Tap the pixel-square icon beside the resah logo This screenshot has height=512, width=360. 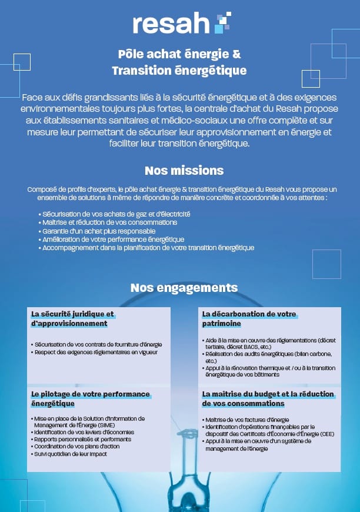click(222, 22)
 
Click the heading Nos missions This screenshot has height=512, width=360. click(184, 171)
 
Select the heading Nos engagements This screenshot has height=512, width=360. click(184, 288)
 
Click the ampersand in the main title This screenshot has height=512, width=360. click(236, 54)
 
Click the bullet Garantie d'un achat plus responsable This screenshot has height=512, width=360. click(99, 231)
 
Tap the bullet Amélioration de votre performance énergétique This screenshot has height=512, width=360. click(113, 240)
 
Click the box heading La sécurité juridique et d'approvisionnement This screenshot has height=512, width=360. click(72, 318)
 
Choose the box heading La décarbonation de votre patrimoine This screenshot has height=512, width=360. click(249, 318)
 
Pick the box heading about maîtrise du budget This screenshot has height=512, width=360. click(268, 398)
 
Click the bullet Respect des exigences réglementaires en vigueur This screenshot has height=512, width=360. click(96, 352)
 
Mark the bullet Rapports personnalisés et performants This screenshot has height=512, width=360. click(82, 439)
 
